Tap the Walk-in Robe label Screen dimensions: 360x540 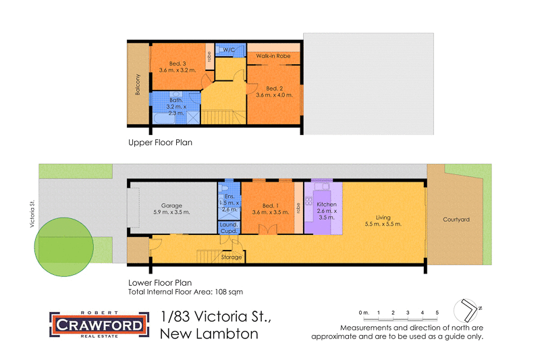coord(273,56)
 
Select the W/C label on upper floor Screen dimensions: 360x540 coord(229,51)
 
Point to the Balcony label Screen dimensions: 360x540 coord(138,84)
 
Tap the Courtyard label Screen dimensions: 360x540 coord(456,220)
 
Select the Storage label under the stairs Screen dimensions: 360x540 coord(232,257)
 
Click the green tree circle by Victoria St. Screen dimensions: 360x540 coord(64,246)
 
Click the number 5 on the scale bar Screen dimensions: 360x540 coord(437,313)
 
